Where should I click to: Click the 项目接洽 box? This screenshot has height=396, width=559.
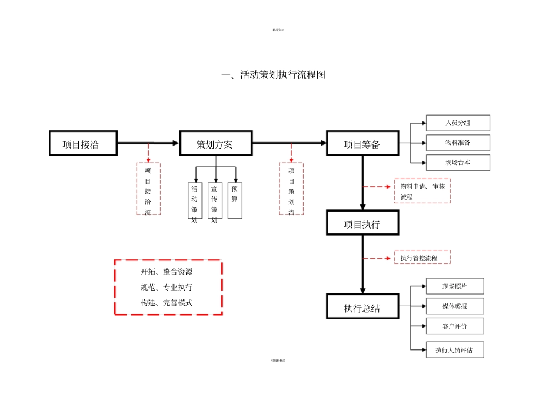tap(82, 143)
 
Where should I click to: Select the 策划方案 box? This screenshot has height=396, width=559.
tap(216, 143)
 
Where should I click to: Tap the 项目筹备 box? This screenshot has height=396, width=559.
tap(362, 143)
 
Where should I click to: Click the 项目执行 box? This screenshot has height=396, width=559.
tap(362, 223)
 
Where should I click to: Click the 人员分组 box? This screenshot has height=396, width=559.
tap(458, 123)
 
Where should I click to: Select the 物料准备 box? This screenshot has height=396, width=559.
tap(458, 143)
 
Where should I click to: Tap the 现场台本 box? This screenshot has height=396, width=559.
tap(458, 163)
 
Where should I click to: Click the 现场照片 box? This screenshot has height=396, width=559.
tap(455, 286)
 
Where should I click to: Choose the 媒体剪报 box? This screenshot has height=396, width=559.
tap(455, 306)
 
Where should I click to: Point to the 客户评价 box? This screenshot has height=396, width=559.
tap(455, 326)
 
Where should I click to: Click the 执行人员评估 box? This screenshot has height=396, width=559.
tap(455, 349)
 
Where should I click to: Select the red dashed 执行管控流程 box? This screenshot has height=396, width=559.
tap(422, 258)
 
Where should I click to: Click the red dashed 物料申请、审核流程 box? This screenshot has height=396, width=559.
tap(422, 191)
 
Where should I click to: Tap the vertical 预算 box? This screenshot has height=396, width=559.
tap(235, 200)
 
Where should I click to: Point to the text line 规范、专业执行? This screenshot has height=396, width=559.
tap(166, 288)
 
